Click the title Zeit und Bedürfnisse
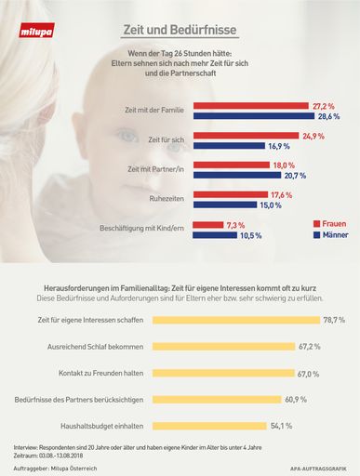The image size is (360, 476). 180,30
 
